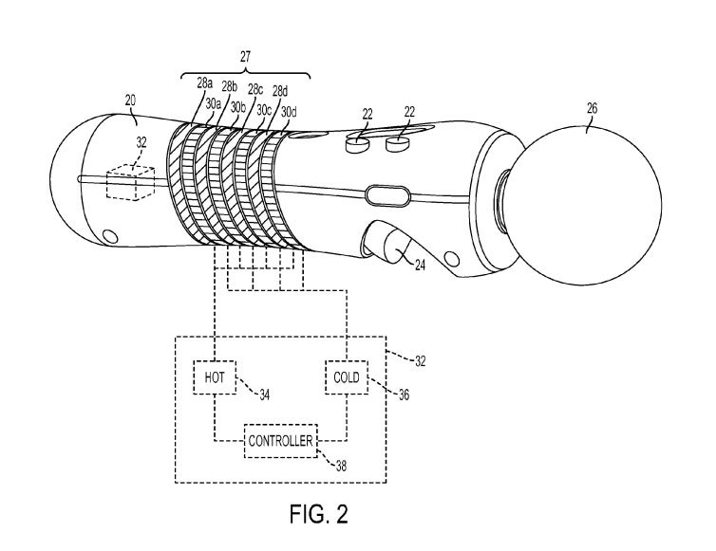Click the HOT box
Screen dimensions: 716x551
click(x=215, y=377)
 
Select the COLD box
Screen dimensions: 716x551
click(x=347, y=377)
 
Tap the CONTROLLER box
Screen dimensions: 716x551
click(x=281, y=441)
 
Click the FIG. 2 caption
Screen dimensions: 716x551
click(x=319, y=514)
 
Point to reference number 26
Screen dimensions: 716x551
click(x=592, y=108)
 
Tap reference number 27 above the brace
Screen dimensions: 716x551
click(x=245, y=57)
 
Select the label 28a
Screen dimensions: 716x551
click(x=205, y=83)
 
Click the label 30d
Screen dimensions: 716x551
click(x=289, y=112)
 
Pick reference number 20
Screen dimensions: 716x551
click(x=131, y=100)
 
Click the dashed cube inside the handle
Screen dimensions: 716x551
click(x=131, y=183)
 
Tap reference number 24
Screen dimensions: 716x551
click(x=419, y=266)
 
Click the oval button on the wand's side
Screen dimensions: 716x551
click(x=388, y=194)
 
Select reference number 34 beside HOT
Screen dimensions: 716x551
click(x=264, y=395)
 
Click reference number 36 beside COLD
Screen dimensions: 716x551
click(x=404, y=395)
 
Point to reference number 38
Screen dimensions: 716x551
click(x=341, y=466)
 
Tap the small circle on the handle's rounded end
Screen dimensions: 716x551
click(x=110, y=236)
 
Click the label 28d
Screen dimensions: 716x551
click(x=280, y=91)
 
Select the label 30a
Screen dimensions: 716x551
click(x=214, y=103)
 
